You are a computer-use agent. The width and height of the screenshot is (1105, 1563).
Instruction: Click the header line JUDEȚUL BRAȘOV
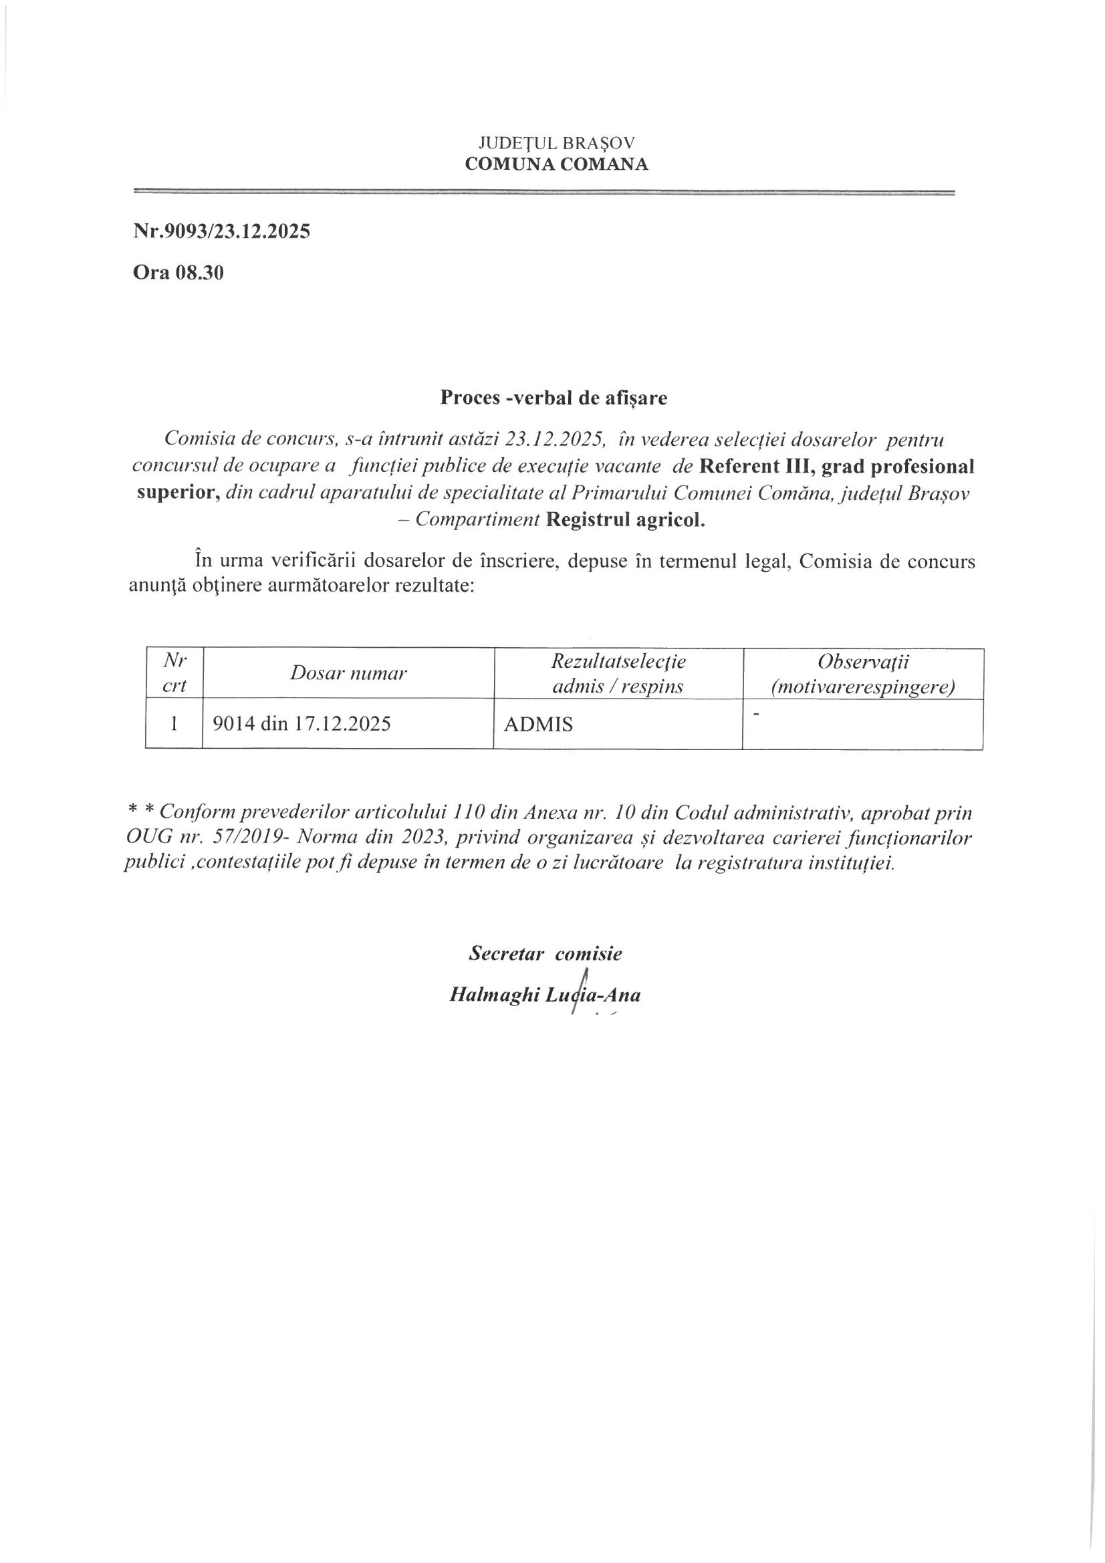(556, 143)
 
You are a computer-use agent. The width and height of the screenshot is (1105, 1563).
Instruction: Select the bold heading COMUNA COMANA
(556, 164)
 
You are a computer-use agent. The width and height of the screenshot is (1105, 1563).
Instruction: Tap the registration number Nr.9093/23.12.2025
(221, 231)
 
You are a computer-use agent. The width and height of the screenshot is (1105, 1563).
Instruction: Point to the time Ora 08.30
(178, 273)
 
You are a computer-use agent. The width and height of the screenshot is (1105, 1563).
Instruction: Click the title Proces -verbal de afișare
(554, 398)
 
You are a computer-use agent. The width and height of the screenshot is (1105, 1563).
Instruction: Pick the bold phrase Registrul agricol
(626, 520)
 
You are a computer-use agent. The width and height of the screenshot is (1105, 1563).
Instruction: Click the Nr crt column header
(174, 673)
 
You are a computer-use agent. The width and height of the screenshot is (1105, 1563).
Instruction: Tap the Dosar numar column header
(348, 673)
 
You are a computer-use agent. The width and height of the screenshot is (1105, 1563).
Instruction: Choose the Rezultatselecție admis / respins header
(618, 673)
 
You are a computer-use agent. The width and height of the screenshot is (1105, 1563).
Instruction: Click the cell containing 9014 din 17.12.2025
(302, 723)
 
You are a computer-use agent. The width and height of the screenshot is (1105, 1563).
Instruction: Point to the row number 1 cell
(174, 723)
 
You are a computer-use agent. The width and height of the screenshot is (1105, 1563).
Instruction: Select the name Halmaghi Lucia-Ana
(545, 995)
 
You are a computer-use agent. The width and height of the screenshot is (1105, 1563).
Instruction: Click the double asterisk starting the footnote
(142, 812)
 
